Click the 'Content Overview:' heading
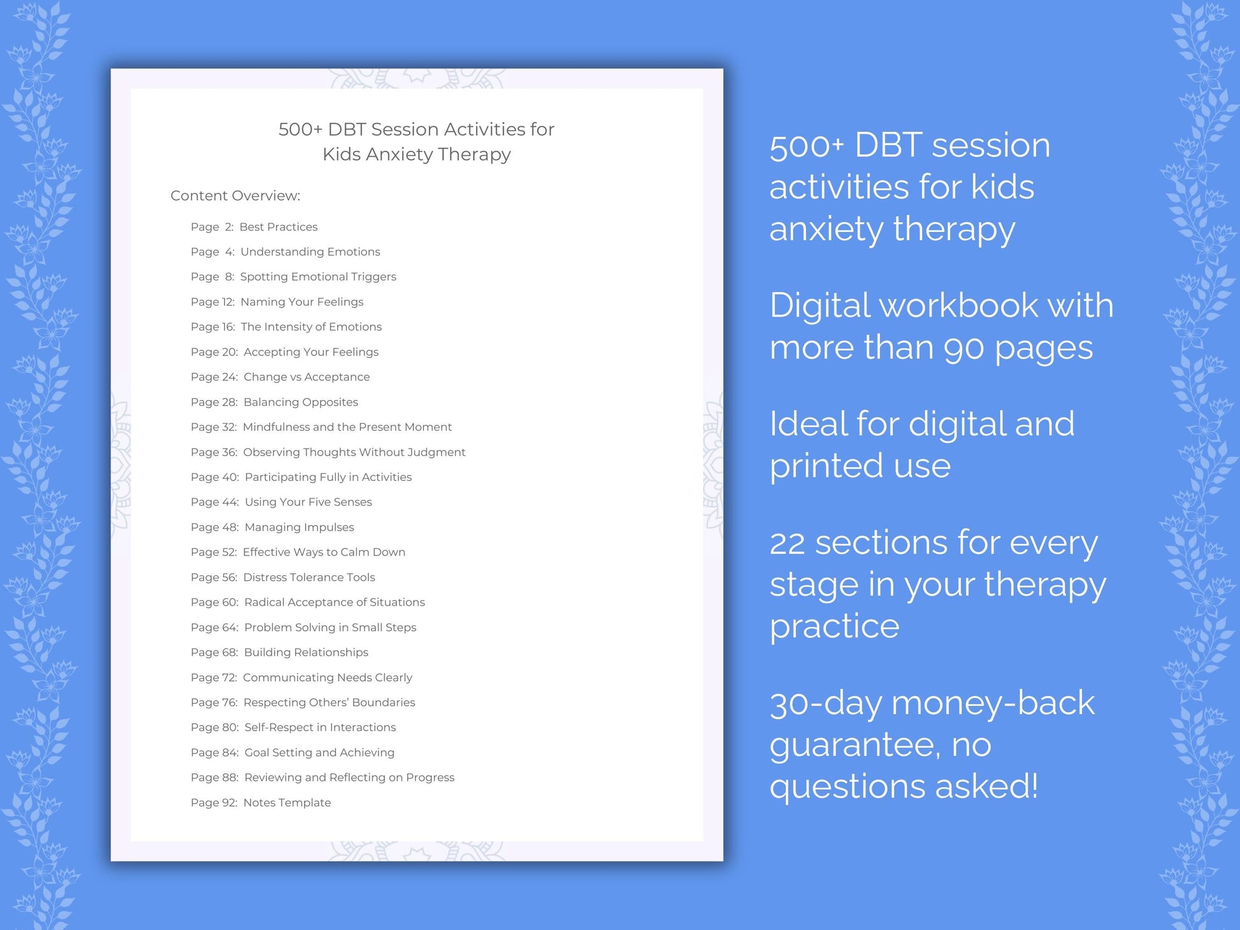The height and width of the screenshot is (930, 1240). (235, 196)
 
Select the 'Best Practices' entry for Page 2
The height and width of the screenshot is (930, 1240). (278, 227)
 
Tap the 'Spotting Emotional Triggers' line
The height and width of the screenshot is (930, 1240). (318, 276)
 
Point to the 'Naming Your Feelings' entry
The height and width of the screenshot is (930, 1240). (302, 302)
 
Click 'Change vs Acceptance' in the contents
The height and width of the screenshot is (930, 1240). (306, 376)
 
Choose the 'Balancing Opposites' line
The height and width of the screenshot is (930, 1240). (301, 402)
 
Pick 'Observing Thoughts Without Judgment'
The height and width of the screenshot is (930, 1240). (354, 452)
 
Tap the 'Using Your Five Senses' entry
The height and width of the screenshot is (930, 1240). (308, 502)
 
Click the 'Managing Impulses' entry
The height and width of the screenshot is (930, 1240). (299, 527)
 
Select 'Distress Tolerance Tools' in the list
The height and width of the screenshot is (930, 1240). (309, 577)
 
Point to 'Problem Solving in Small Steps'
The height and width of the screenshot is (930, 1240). (330, 627)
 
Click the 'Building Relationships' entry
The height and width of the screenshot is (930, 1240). (306, 652)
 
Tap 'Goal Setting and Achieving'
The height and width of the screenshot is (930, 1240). (319, 752)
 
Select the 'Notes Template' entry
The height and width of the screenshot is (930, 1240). (287, 803)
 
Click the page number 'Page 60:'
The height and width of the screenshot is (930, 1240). (214, 602)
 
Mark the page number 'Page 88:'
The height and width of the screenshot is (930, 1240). (214, 777)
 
